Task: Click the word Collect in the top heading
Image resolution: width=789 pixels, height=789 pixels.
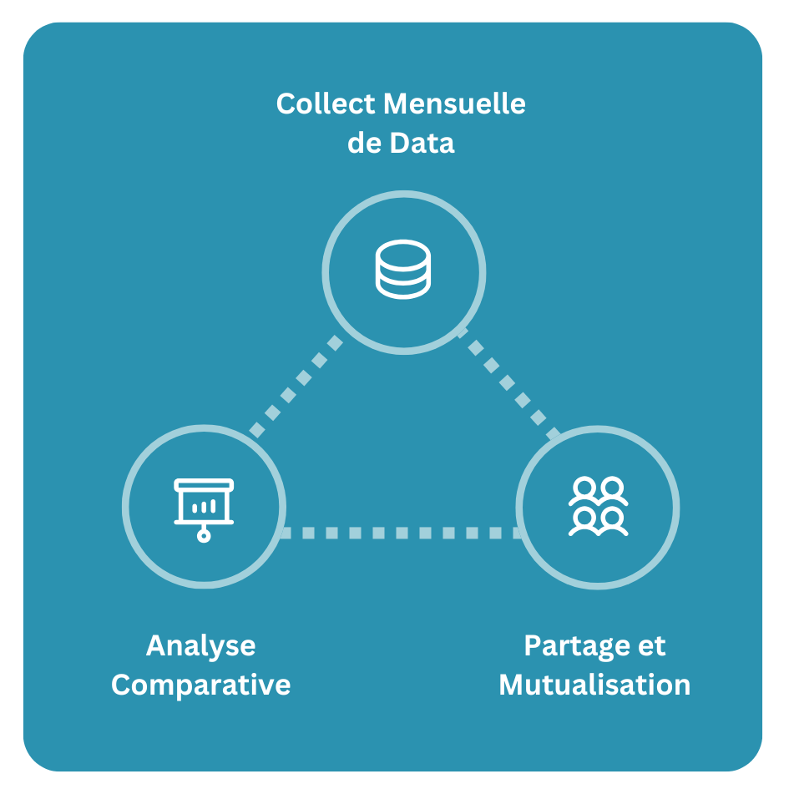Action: (x=326, y=104)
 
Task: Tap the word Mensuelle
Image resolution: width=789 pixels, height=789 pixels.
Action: (x=454, y=104)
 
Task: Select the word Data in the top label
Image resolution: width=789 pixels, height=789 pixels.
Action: (x=422, y=142)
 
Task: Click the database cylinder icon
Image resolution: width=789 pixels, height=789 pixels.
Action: (x=403, y=269)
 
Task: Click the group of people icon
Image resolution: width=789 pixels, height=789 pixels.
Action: (x=598, y=506)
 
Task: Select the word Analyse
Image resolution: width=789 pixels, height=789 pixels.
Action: (x=200, y=645)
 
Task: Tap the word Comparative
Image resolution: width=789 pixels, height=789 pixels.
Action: (x=200, y=685)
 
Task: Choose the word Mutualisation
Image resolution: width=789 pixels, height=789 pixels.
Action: (x=594, y=685)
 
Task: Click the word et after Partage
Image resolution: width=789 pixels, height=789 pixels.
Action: (x=652, y=645)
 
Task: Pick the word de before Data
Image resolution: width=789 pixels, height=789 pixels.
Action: (x=364, y=142)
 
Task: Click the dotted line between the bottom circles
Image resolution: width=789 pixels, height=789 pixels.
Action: (x=402, y=533)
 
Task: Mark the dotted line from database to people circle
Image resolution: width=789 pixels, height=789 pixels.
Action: (x=510, y=385)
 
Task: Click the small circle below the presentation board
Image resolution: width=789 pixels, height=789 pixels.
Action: (x=204, y=534)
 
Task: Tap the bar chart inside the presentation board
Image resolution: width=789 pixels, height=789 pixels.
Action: (x=204, y=506)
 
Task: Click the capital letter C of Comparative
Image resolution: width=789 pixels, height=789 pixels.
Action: (x=122, y=685)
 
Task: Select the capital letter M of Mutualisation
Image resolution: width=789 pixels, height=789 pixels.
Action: (x=511, y=685)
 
